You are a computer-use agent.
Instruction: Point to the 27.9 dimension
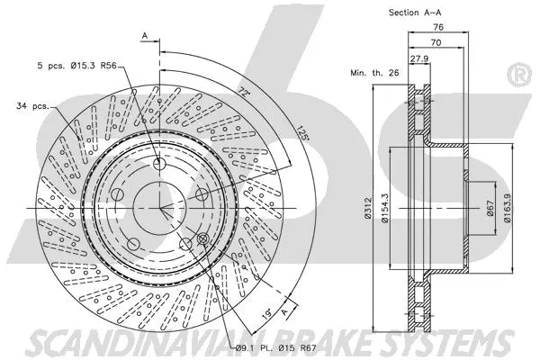coord(419,58)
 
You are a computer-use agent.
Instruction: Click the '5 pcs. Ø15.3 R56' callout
coord(76,66)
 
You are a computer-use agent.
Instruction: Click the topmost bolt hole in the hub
coord(160,165)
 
